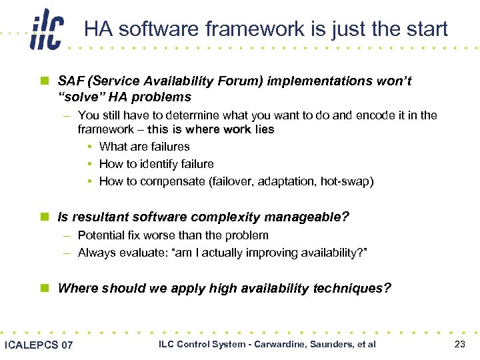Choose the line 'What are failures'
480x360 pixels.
[x=144, y=147]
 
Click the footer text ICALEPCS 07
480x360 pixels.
[x=39, y=345]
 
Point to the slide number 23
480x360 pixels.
[x=459, y=344]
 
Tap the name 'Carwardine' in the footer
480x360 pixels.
[x=272, y=344]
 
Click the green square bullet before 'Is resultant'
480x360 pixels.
[x=45, y=217]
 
